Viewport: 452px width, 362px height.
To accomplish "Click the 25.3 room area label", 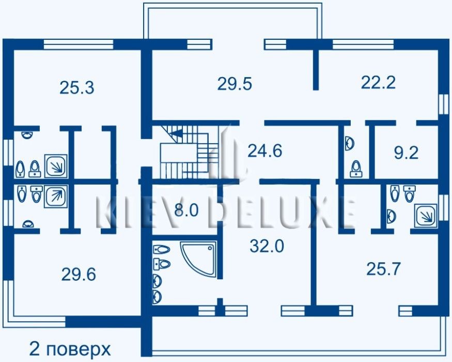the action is (77, 88).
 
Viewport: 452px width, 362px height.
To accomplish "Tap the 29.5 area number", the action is (235, 84).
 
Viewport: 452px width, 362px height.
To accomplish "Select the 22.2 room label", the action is (378, 82).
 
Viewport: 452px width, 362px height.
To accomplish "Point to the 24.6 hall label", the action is (265, 151).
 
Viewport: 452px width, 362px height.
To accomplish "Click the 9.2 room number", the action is (406, 153).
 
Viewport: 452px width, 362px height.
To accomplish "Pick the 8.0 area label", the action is (186, 210).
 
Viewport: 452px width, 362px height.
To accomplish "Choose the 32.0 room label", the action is (267, 246).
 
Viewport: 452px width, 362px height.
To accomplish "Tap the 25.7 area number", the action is (383, 269).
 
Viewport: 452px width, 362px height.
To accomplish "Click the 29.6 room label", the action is (79, 274).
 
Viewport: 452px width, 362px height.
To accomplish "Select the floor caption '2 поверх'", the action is (70, 349).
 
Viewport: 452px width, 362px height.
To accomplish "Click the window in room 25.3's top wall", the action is (78, 44).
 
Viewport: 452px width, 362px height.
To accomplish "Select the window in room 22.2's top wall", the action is (363, 44).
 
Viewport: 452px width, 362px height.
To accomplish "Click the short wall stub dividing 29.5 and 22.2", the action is (316, 69).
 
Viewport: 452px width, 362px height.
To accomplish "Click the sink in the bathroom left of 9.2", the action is (350, 143).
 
